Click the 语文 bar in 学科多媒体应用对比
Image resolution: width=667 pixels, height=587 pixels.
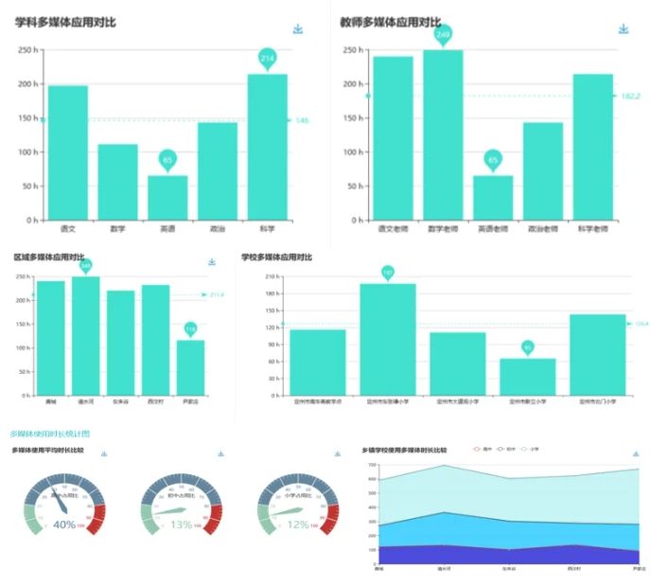[x=68, y=152]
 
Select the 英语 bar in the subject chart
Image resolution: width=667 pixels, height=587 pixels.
[x=167, y=197]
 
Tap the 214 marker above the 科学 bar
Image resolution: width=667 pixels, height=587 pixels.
[x=267, y=59]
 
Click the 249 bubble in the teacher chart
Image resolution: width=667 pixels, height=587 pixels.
[x=443, y=35]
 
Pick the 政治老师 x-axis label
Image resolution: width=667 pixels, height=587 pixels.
[x=542, y=229]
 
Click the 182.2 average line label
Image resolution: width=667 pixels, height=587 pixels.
[x=630, y=96]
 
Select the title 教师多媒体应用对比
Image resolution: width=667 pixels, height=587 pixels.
[x=390, y=23]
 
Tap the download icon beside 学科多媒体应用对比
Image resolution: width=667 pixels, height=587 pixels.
[x=298, y=29]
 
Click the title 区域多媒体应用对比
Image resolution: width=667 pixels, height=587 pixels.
[x=49, y=258]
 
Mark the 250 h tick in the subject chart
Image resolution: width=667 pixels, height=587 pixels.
[x=27, y=50]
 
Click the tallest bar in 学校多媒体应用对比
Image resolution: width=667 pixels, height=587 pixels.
[x=387, y=339]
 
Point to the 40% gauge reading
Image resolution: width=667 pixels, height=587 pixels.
[x=64, y=525]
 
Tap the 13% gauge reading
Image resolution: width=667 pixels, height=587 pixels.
[x=181, y=525]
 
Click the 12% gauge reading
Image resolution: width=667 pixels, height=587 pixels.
[x=298, y=525]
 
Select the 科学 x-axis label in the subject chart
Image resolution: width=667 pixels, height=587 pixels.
[x=267, y=229]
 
